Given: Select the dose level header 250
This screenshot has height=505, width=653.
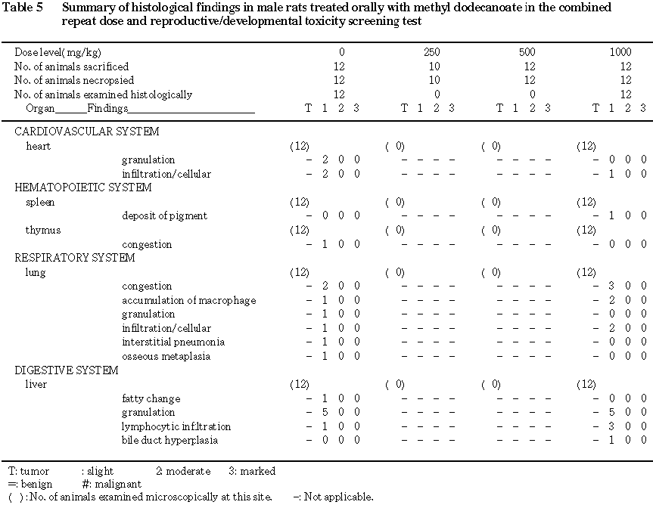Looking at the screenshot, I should (432, 52).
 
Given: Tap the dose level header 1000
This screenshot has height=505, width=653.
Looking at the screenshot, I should (620, 52).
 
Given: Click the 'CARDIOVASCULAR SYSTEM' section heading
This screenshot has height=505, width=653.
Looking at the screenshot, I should (87, 132).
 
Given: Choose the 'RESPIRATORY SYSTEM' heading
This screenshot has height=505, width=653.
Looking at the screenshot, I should (75, 258).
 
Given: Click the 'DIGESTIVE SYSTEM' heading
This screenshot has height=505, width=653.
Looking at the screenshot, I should (67, 370).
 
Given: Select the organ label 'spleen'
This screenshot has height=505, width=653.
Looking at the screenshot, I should (40, 202).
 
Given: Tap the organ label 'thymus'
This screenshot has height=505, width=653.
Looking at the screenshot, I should (43, 230).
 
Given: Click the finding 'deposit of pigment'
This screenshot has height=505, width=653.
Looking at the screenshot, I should (164, 216).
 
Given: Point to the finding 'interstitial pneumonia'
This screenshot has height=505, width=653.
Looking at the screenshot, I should (173, 342).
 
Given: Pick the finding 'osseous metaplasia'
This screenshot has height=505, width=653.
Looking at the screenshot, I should (166, 357).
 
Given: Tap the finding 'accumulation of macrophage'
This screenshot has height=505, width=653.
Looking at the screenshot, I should (188, 300).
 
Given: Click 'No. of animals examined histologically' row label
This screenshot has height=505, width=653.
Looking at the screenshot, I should (103, 94).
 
